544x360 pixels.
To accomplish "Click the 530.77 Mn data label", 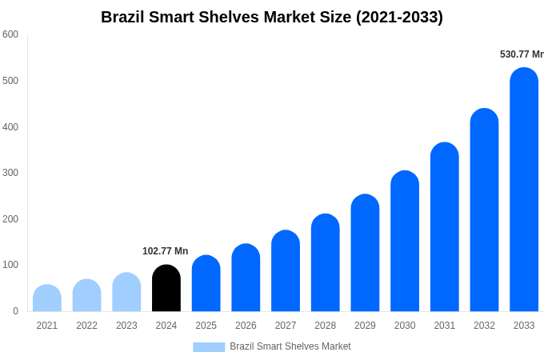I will tap(522, 54).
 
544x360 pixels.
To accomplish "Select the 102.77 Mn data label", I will tap(165, 251).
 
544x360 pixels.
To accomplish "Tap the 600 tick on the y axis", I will tap(10, 34).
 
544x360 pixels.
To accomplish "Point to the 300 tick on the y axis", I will tap(10, 173).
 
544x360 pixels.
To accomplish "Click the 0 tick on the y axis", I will tap(15, 311).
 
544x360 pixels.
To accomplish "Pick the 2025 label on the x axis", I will tap(206, 326).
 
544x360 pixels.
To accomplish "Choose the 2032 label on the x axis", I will tap(484, 326).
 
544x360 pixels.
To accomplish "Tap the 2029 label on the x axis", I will tap(365, 326).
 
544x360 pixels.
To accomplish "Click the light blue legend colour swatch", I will tap(209, 346).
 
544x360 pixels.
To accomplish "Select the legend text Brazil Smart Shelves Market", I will tap(290, 346).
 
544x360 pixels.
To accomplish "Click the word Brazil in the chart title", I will tap(123, 17).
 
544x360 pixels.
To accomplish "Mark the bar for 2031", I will tap(445, 227).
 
